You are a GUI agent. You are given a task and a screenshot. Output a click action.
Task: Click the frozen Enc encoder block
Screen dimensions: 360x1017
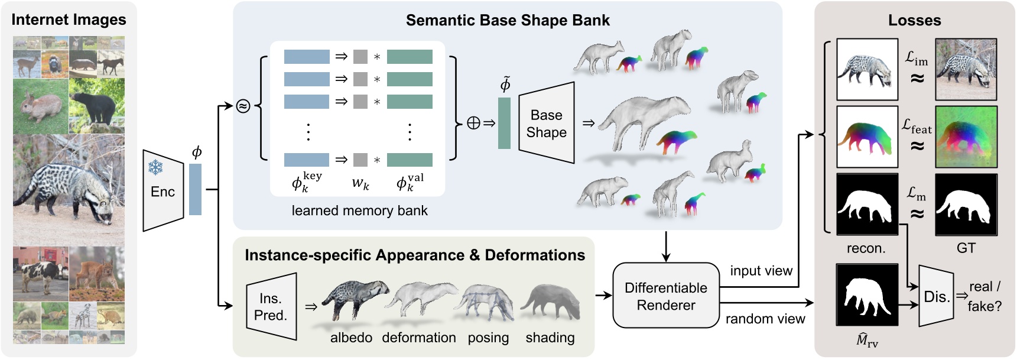click(163, 190)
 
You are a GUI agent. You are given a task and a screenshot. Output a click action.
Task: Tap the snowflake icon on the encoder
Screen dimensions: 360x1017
click(155, 168)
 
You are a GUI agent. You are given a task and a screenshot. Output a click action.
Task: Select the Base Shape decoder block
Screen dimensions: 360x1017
click(546, 124)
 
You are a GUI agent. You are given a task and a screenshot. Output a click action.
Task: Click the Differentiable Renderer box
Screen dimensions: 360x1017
click(665, 296)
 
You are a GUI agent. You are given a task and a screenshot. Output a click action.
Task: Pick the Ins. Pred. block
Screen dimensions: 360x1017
click(271, 307)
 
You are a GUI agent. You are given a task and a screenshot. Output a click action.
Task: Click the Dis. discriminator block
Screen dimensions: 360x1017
click(936, 297)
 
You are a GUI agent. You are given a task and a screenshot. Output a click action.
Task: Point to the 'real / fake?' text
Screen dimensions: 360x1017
click(984, 296)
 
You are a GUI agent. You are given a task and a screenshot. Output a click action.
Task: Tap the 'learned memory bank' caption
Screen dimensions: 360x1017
click(359, 211)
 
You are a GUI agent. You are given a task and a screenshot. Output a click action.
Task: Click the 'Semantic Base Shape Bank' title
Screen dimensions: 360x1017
click(507, 21)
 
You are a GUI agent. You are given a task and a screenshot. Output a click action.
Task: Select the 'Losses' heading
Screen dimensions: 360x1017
click(914, 21)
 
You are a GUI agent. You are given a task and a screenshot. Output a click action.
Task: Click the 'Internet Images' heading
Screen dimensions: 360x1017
click(69, 20)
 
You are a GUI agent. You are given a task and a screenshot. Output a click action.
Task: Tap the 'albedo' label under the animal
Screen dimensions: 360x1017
click(351, 338)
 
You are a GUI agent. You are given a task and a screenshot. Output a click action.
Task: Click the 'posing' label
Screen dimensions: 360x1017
click(488, 338)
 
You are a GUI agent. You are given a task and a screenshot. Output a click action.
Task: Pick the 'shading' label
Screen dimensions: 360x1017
click(550, 338)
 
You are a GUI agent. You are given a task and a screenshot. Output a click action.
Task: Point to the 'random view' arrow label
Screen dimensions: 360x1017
click(765, 319)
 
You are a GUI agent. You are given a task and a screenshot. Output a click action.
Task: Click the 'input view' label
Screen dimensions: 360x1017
click(761, 271)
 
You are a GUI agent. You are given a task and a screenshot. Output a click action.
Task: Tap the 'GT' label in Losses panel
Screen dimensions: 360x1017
click(966, 248)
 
